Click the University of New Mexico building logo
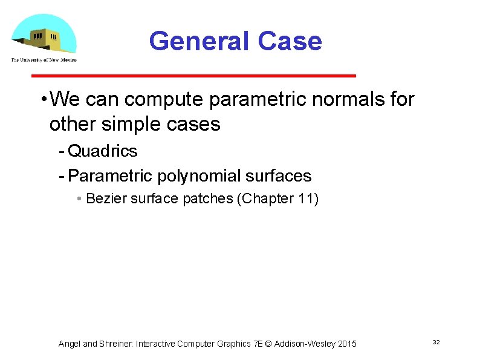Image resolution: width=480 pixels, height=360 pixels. [x=44, y=34]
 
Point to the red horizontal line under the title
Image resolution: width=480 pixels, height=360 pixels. [x=193, y=76]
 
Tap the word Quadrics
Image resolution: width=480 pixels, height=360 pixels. [x=103, y=151]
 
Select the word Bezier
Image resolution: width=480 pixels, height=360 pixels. [x=105, y=198]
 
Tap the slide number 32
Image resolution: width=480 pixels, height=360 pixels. [x=436, y=342]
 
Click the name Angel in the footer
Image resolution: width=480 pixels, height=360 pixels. [x=69, y=344]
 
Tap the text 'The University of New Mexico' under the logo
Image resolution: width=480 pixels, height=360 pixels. [x=44, y=59]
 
